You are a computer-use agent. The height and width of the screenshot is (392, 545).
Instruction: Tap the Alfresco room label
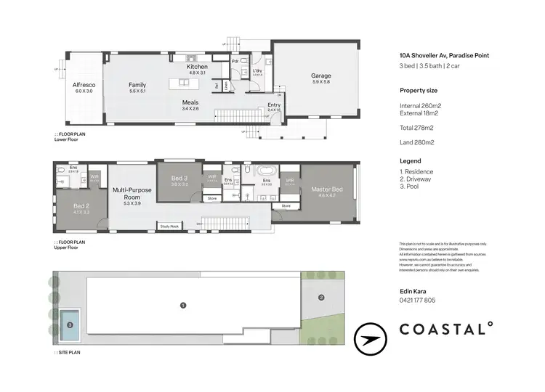click(84, 86)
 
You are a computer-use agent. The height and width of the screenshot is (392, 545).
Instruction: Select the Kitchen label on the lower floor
click(198, 67)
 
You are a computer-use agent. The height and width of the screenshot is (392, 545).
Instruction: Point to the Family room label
click(138, 85)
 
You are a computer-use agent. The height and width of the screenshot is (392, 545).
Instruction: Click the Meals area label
click(190, 102)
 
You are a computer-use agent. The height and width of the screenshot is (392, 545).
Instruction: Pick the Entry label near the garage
click(273, 105)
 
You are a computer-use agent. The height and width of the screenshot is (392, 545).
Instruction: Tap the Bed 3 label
click(180, 178)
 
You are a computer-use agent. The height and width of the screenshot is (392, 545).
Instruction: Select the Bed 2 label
click(81, 206)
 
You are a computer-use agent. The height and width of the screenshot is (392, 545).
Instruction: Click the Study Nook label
click(169, 226)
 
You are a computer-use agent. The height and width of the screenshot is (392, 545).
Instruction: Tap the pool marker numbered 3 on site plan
click(70, 325)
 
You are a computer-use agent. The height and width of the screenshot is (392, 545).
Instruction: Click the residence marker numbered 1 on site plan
click(183, 305)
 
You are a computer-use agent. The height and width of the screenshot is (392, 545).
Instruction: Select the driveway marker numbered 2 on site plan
click(320, 296)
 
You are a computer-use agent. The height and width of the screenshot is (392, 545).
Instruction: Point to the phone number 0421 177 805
click(418, 300)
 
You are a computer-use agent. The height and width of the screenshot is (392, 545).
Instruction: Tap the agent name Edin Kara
click(413, 290)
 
